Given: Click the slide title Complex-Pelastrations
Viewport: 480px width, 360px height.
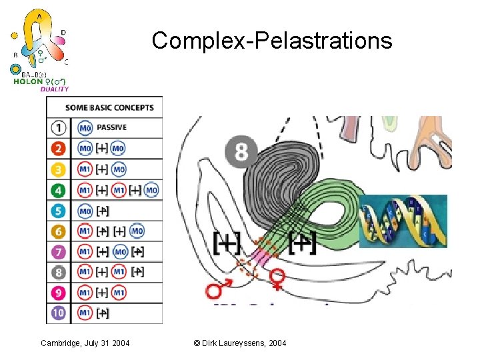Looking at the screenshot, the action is (x=271, y=41).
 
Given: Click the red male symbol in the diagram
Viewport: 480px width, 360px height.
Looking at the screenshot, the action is (x=216, y=291).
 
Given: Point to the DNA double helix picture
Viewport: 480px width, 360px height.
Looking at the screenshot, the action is (x=403, y=221).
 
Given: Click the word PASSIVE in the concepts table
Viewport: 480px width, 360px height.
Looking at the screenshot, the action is (x=111, y=127).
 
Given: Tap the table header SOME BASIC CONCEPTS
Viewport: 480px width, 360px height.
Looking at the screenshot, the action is (x=109, y=107).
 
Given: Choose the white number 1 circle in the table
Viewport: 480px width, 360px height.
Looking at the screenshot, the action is (x=59, y=128).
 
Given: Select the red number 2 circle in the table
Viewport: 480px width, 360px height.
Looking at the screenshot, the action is (x=59, y=149).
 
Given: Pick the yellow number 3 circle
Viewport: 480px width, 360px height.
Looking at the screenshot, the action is (x=59, y=169).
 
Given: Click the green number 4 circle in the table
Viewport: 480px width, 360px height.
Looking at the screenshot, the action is (x=59, y=190).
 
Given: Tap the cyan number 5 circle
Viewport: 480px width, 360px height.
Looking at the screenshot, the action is (x=59, y=211).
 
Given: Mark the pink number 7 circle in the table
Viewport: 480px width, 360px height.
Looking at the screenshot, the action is (x=59, y=252).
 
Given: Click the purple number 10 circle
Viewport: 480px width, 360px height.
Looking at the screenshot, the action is (x=59, y=313).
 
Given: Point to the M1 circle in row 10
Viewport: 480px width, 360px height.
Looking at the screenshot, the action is (x=85, y=313).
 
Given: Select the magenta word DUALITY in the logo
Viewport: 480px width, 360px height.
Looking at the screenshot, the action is (x=54, y=89).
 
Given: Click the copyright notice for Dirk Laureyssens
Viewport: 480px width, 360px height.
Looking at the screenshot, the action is (x=239, y=343).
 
